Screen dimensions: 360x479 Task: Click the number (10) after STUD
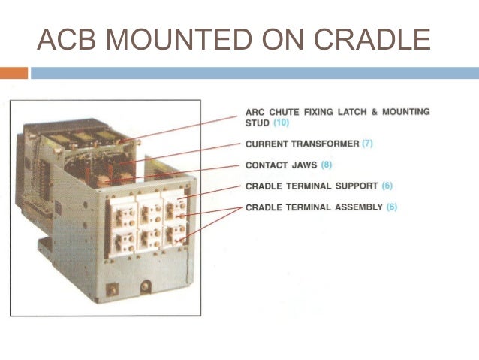pos(280,122)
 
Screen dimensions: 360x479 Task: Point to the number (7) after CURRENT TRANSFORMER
pos(367,143)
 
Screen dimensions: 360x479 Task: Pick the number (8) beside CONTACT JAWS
pos(326,164)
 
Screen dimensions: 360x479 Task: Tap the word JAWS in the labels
pos(304,164)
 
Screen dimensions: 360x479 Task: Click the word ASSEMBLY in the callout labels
pos(359,207)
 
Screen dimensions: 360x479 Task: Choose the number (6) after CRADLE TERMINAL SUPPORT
pos(387,185)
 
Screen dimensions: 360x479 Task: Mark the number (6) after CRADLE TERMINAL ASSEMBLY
pos(392,207)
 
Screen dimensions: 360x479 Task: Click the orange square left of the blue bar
pos(14,73)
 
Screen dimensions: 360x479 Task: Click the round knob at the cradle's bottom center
pos(146,286)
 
